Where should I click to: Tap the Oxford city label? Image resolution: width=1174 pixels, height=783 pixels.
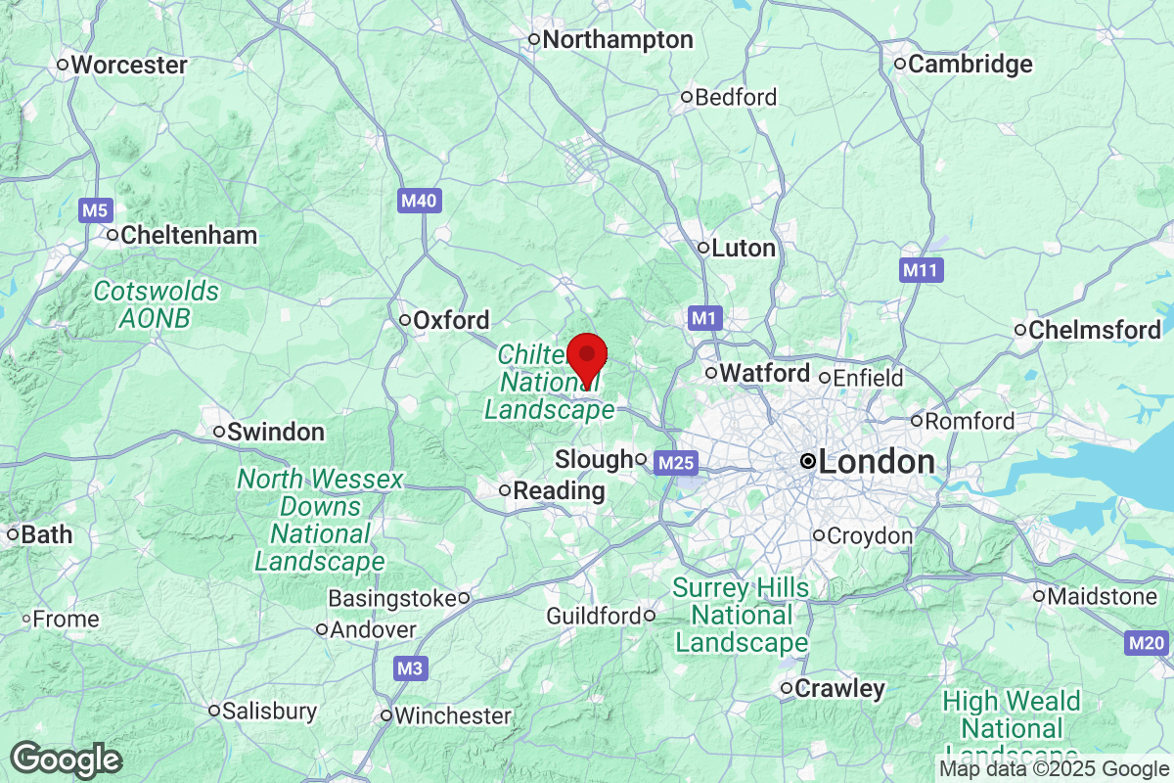click(450, 320)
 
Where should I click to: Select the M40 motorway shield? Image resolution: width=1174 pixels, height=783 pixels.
click(420, 202)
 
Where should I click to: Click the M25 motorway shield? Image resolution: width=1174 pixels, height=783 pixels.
click(675, 461)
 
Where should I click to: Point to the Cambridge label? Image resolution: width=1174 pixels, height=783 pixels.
click(969, 65)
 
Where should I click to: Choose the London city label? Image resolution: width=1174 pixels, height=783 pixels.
click(876, 462)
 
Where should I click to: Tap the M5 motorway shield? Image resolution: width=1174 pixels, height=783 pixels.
click(96, 209)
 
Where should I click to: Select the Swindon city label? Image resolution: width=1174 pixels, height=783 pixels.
click(275, 432)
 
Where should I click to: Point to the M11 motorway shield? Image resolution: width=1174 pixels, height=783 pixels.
click(922, 269)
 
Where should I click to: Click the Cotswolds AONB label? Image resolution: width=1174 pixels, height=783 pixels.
click(156, 304)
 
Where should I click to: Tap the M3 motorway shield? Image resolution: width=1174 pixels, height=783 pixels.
click(412, 669)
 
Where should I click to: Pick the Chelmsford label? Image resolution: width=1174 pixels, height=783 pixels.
click(1093, 330)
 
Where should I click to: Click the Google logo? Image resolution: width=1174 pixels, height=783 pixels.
click(66, 760)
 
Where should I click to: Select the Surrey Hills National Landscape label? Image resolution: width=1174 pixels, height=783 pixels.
click(741, 616)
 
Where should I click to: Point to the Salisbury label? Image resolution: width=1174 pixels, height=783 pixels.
click(268, 711)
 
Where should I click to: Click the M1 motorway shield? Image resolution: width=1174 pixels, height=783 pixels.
click(704, 317)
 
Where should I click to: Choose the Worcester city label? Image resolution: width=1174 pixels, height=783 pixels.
click(128, 65)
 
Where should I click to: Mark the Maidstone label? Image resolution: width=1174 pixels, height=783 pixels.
click(1102, 596)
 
